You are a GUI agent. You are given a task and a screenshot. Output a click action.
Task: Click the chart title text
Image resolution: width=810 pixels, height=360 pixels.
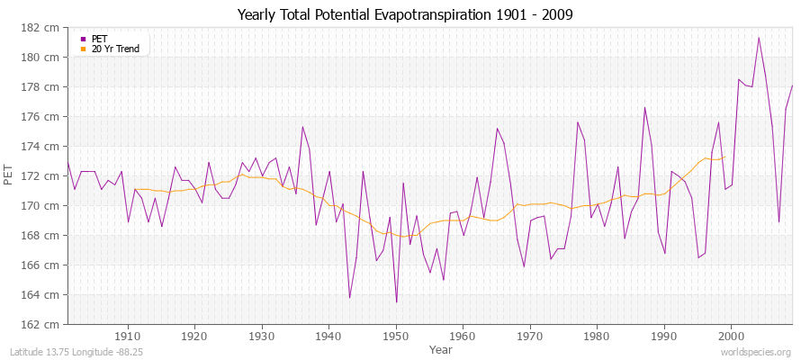coord(405,14)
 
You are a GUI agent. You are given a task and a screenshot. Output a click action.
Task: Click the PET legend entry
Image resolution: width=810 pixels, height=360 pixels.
coord(99,39)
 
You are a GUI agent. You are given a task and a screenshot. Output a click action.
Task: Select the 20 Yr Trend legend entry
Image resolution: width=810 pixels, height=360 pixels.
coord(115,49)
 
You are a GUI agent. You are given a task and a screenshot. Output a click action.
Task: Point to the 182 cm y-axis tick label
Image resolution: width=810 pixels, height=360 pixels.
coord(42,28)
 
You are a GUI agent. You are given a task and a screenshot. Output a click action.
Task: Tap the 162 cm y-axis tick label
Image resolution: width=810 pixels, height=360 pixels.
coord(42,324)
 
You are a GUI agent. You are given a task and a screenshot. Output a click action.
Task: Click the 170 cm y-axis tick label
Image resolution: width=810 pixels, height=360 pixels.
coord(42,206)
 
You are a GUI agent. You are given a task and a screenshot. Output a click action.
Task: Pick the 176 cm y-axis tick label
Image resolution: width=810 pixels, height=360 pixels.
coord(42,117)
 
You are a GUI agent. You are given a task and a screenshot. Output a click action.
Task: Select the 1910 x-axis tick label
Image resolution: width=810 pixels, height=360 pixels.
coord(128,337)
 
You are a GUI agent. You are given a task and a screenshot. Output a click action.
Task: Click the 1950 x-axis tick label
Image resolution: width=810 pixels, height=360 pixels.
coord(396,337)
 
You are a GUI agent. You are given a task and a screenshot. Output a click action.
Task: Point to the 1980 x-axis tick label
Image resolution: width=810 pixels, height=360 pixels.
coord(598,337)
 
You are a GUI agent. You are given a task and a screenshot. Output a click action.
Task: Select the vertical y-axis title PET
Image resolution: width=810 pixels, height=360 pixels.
coord(10,175)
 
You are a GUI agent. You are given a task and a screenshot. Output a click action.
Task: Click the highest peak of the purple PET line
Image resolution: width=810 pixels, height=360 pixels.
coord(759,38)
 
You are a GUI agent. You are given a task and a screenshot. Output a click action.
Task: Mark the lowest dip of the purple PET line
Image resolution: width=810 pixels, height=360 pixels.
coord(396,302)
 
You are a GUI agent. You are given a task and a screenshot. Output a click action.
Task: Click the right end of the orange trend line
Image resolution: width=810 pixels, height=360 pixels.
coord(724,157)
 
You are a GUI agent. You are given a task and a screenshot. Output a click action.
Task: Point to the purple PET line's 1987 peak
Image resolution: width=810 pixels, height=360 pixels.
coord(644,108)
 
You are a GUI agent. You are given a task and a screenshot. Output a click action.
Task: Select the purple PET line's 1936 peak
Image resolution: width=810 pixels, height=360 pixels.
coord(302,127)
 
